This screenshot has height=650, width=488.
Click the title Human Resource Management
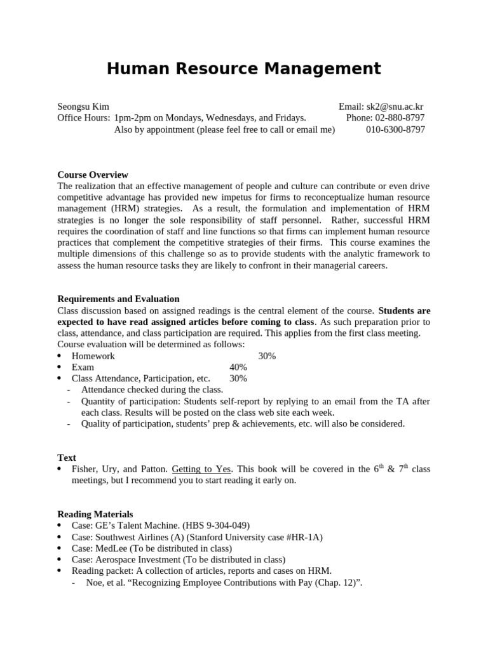point(244,69)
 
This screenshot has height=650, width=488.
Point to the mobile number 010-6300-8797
point(395,129)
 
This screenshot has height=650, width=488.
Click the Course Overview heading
point(93,175)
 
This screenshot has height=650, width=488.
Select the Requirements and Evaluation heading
point(118,299)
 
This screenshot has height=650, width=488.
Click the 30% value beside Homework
point(267,356)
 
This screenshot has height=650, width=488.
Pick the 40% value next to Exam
point(238,368)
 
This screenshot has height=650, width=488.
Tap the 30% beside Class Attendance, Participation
point(238,378)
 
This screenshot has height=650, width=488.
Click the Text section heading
point(67,458)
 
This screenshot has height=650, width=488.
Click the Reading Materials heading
point(95,514)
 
